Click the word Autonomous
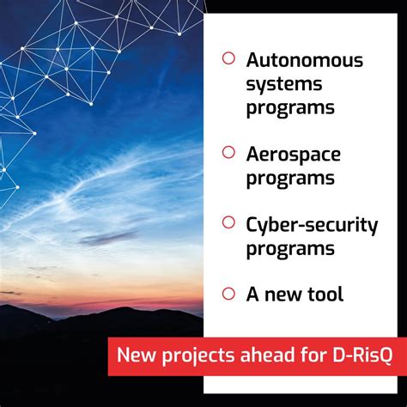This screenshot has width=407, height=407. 304,61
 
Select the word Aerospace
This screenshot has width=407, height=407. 293,155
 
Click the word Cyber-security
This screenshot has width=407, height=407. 312,225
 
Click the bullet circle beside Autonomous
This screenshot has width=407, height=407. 228,59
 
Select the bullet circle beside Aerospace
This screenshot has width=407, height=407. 228,153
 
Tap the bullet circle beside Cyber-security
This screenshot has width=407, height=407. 228,223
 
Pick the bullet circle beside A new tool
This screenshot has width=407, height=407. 228,294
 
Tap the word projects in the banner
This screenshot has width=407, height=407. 198,355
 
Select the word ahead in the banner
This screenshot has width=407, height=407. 264,355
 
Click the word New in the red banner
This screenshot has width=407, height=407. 137,355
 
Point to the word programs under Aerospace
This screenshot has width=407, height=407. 289,179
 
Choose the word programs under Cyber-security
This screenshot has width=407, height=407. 289,249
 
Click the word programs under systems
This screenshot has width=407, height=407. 289,108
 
